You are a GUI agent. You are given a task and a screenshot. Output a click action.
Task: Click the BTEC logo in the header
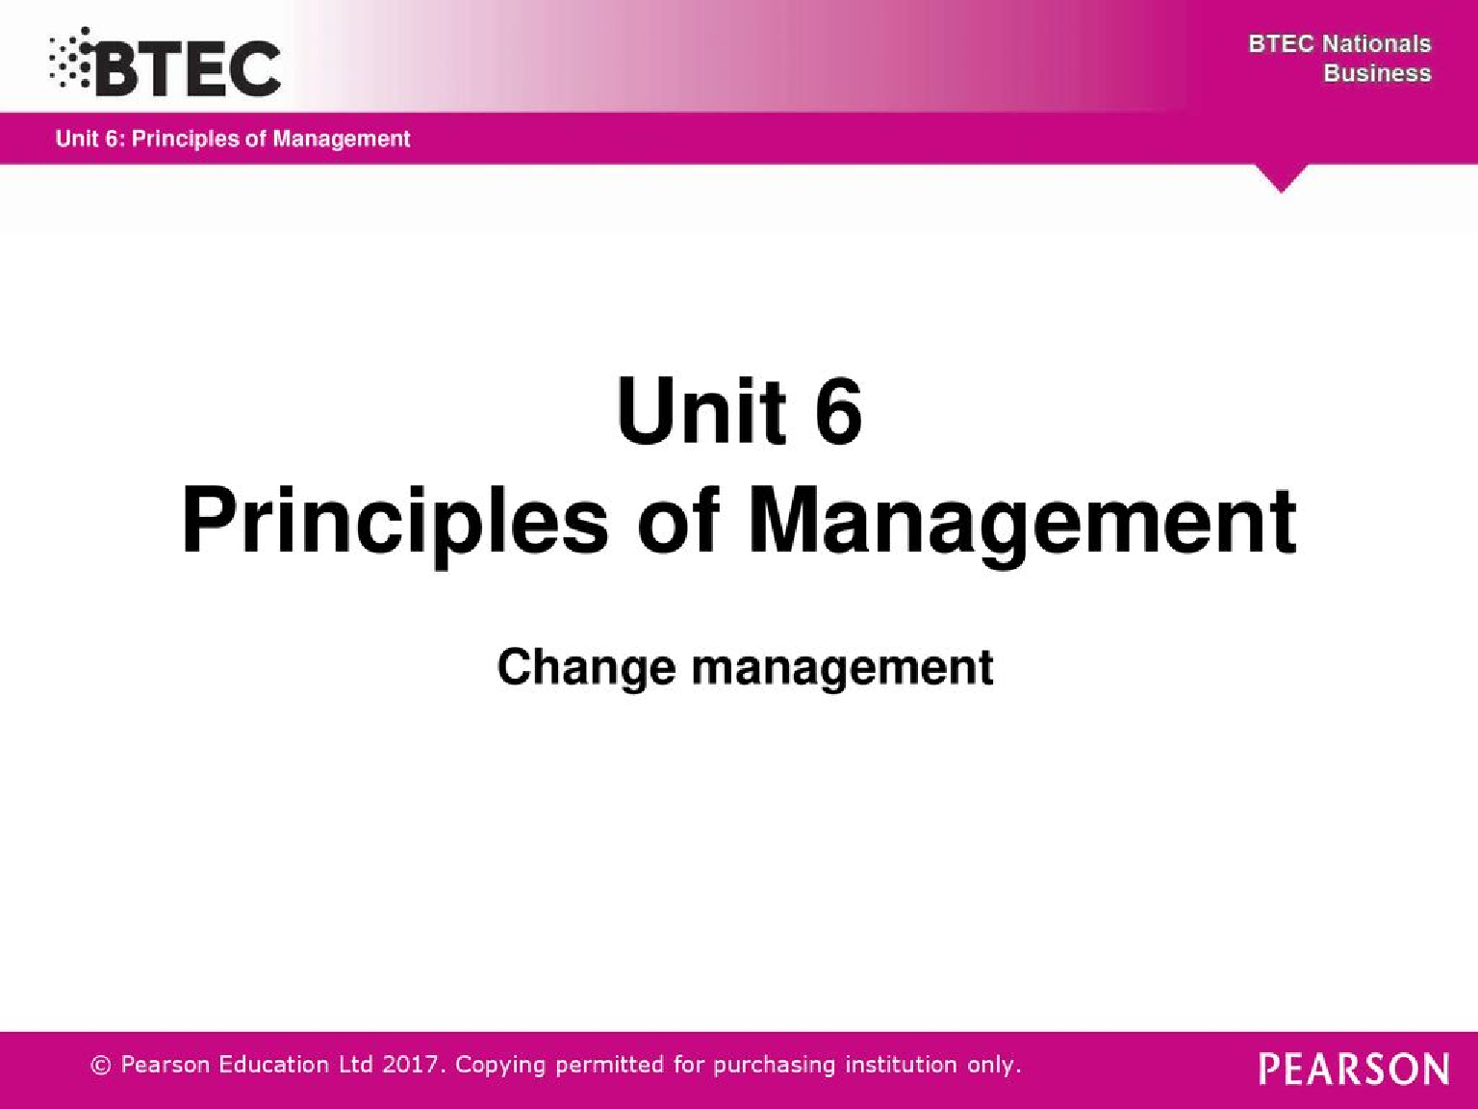[x=188, y=67]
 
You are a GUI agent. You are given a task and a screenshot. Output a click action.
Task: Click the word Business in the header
[x=1377, y=73]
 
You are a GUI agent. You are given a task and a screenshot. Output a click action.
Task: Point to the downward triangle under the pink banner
[x=1281, y=178]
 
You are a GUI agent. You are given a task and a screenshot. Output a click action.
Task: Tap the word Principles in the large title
[x=395, y=522]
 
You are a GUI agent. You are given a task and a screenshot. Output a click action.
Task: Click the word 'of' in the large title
[x=678, y=522]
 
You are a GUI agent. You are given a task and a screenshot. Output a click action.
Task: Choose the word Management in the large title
[x=1022, y=522]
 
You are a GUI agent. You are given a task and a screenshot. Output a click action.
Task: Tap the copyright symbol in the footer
[x=100, y=1065]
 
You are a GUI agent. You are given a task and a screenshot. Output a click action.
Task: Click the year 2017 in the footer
[x=413, y=1065]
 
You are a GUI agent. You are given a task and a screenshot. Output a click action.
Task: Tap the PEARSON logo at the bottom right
[x=1354, y=1069]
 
